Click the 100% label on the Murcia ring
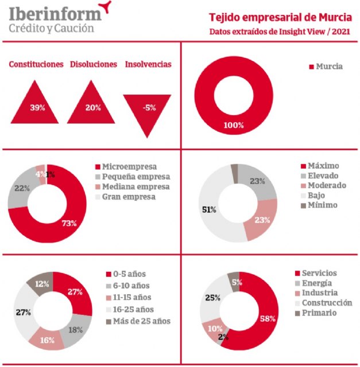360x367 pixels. (234, 124)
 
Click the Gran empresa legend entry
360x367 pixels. (128, 197)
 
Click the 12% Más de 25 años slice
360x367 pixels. (41, 283)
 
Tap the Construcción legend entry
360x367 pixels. (326, 302)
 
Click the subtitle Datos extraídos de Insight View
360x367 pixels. (280, 31)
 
